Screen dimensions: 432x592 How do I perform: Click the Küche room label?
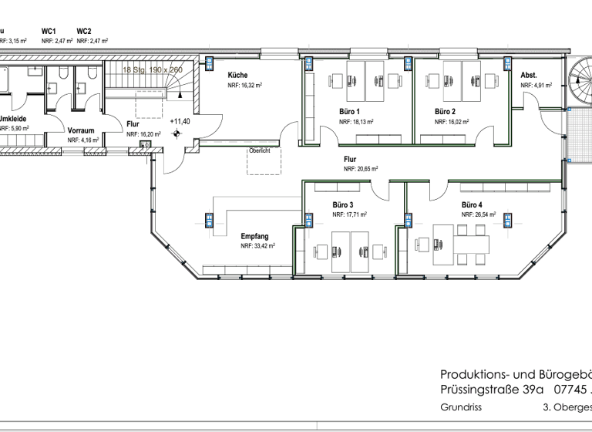pos(237,76)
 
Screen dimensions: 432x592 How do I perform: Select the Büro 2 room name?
pos(445,112)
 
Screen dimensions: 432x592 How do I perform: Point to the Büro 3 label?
pos(343,206)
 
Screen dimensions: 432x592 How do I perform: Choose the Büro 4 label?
pos(473,206)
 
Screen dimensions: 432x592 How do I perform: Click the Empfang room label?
pos(254,236)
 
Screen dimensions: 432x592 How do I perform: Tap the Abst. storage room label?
pos(529,76)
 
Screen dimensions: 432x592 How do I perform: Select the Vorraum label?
pos(80,130)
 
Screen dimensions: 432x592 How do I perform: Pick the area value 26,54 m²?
pos(479,215)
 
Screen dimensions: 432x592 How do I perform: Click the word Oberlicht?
pos(259,150)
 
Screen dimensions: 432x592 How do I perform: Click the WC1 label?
pos(49,32)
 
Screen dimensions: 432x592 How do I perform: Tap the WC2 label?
pos(84,32)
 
